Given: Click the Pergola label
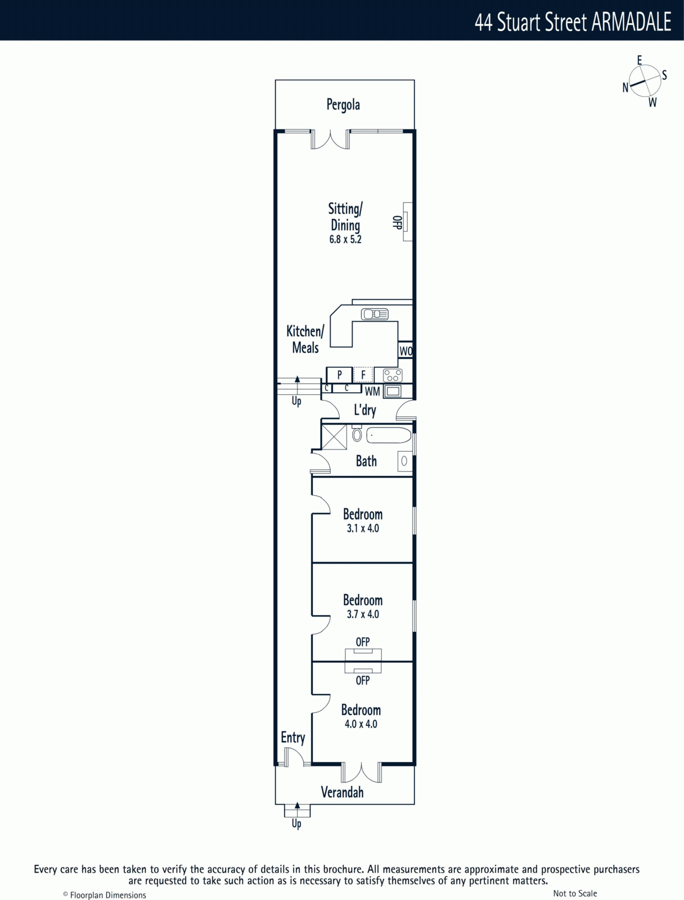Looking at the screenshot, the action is (x=343, y=105).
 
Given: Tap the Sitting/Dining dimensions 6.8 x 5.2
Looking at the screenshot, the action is (x=345, y=240).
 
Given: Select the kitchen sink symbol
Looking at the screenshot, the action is (x=375, y=314).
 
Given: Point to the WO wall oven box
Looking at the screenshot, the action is (x=406, y=351).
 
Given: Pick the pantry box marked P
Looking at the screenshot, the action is (x=339, y=375).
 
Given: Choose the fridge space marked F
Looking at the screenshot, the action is (x=363, y=375).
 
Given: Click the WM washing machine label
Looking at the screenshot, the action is (x=372, y=392).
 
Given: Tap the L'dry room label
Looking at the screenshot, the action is (x=364, y=410).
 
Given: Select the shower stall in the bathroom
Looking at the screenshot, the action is (x=335, y=437).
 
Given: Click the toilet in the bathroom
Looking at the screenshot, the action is (x=357, y=434).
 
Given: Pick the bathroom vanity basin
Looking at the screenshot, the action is (x=404, y=461).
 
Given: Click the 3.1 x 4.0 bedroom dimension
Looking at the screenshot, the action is (x=363, y=529).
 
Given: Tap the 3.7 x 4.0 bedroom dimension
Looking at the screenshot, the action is (x=363, y=614).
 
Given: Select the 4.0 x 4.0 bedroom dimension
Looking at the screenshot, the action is (x=361, y=724).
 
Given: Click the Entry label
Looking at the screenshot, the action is (x=292, y=737).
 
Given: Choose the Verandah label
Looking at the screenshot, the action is (x=342, y=792).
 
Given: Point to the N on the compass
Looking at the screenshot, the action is (x=625, y=87).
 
